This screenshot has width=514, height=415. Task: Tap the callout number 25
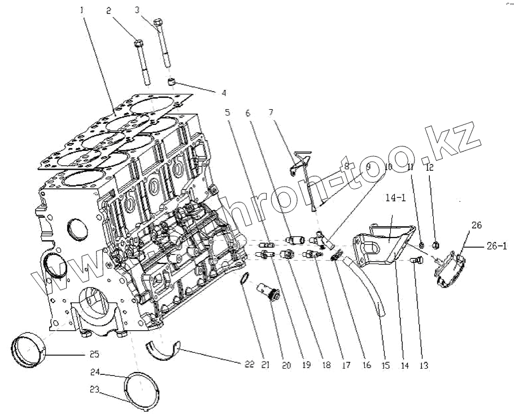tap(94, 355)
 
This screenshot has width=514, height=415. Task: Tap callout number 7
tap(271, 113)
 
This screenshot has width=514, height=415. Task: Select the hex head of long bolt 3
tap(158, 23)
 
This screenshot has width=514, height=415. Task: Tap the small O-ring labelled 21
tap(244, 278)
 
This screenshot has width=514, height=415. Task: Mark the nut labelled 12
tap(436, 245)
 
